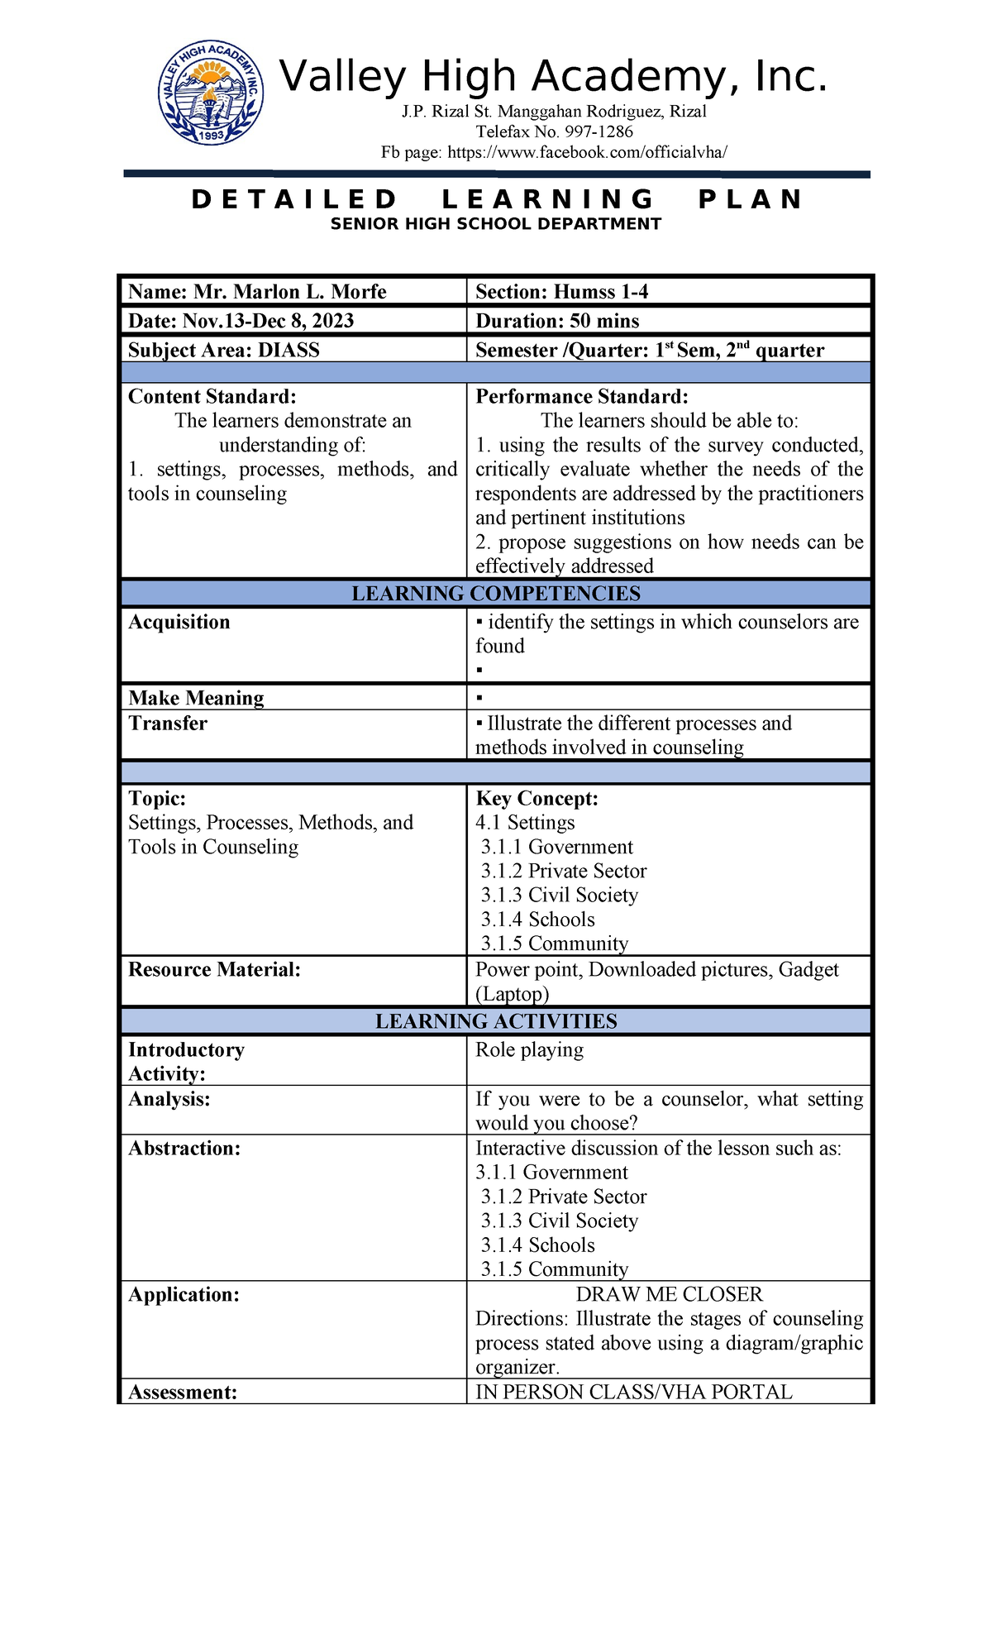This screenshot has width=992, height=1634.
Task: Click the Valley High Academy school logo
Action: [212, 94]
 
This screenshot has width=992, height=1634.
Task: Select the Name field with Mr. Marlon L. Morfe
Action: [257, 292]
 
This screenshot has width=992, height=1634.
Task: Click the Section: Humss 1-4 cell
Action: [561, 292]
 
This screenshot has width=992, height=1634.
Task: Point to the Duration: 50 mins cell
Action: [557, 321]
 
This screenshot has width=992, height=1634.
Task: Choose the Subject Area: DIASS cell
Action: [224, 350]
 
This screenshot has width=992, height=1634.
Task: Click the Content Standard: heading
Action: [212, 397]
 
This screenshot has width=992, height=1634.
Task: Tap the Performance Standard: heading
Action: [581, 397]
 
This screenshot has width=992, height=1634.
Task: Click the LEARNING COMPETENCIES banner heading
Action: [496, 594]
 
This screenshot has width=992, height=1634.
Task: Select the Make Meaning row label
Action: [196, 698]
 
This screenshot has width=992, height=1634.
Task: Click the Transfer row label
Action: [168, 724]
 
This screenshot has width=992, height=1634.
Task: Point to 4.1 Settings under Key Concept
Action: [525, 823]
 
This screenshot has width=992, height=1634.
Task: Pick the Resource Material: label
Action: [214, 970]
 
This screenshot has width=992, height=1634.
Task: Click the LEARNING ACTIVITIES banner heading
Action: [496, 1021]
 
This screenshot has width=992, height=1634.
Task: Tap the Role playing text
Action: [529, 1050]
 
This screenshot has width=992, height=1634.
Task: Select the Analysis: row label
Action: [169, 1099]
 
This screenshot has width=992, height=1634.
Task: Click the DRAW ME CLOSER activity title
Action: [669, 1295]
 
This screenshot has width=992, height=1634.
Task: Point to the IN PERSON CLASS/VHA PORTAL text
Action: [633, 1393]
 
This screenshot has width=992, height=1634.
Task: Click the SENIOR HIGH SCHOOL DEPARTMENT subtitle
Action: [496, 224]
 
